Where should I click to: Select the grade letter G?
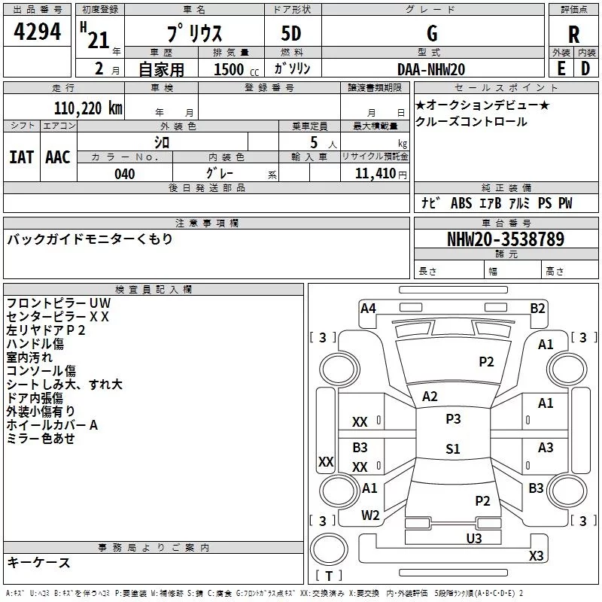pyautogui.click(x=432, y=34)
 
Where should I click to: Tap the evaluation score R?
pyautogui.click(x=573, y=35)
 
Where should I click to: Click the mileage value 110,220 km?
pyautogui.click(x=88, y=108)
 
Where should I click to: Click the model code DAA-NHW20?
pyautogui.click(x=431, y=69)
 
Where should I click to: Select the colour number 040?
pyautogui.click(x=125, y=174)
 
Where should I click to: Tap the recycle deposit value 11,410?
pyautogui.click(x=380, y=174)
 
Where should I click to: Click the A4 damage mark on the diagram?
pyautogui.click(x=368, y=308)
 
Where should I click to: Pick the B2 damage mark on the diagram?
pyautogui.click(x=537, y=308)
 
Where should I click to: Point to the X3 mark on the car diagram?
pyautogui.click(x=536, y=556)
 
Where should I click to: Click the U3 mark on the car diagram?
pyautogui.click(x=473, y=538)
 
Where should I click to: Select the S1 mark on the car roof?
pyautogui.click(x=452, y=449)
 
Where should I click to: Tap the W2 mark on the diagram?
pyautogui.click(x=370, y=515)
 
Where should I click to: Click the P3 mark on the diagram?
pyautogui.click(x=453, y=418)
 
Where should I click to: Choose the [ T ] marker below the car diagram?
pyautogui.click(x=329, y=576)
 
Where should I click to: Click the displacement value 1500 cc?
pyautogui.click(x=232, y=69)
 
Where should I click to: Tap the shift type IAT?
pyautogui.click(x=21, y=157)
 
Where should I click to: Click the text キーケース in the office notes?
pyautogui.click(x=38, y=563)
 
